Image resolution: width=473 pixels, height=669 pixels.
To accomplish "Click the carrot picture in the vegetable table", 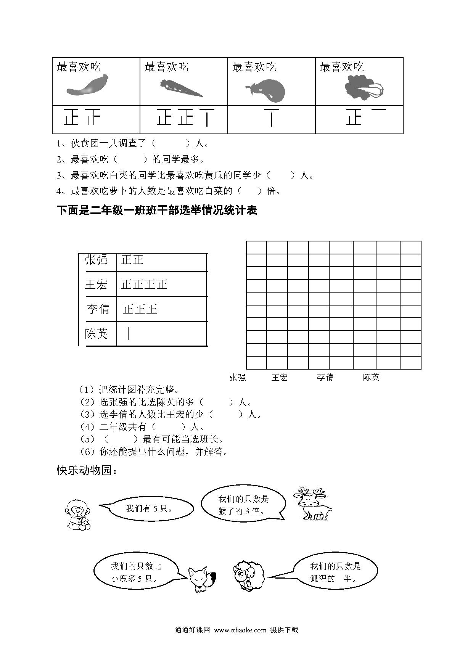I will pos(181,88).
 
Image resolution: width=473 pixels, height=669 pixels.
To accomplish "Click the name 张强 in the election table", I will pos(96,260).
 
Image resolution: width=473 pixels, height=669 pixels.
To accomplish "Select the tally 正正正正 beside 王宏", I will pos(144,285).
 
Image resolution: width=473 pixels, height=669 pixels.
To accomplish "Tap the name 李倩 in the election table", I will pos(98,309).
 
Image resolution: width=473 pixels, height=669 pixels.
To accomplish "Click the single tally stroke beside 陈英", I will pos(128,334).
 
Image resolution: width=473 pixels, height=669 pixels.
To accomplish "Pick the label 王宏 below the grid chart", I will pos(279,378).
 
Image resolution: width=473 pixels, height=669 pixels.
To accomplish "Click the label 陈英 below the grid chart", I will pos(371,378).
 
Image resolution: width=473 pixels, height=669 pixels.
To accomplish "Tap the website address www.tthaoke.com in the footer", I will pos(240,630).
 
